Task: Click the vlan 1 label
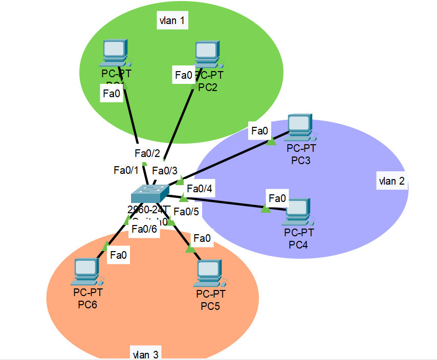pyautogui.click(x=171, y=21)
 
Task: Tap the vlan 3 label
pyautogui.click(x=145, y=353)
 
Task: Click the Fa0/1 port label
pyautogui.click(x=126, y=170)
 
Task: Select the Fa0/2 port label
pyautogui.click(x=147, y=153)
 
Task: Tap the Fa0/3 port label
pyautogui.click(x=165, y=171)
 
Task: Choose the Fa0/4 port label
pyautogui.click(x=200, y=189)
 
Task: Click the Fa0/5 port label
pyautogui.click(x=186, y=210)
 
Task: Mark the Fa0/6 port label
pyautogui.click(x=144, y=230)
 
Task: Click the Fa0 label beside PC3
pyautogui.click(x=259, y=131)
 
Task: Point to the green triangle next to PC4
pyautogui.click(x=266, y=208)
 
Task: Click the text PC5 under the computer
pyautogui.click(x=210, y=306)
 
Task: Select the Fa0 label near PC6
pyautogui.click(x=118, y=255)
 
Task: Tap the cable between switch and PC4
pyautogui.click(x=225, y=201)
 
